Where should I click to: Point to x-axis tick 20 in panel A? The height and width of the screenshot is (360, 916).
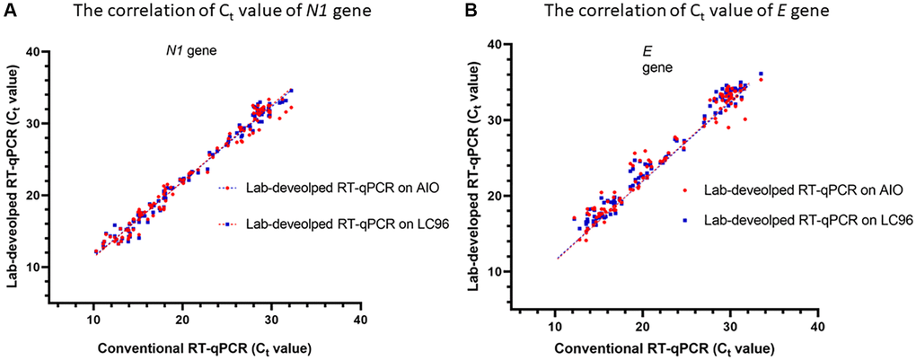coord(182,319)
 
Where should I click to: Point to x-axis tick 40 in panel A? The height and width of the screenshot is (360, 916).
coord(358,319)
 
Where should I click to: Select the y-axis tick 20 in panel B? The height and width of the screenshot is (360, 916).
coord(498,195)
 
